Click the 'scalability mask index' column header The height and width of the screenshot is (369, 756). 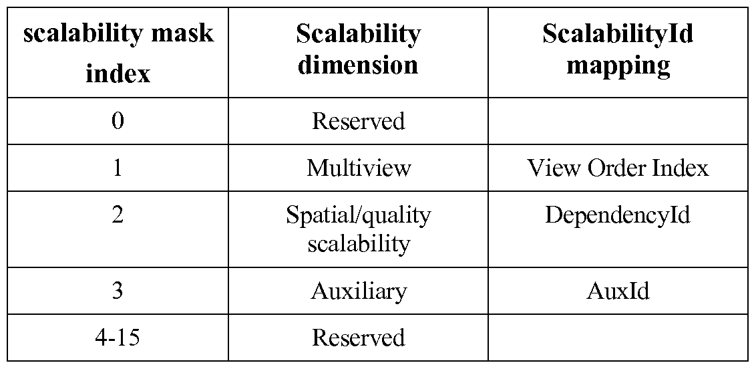pos(118,53)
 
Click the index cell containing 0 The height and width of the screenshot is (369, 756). pos(118,120)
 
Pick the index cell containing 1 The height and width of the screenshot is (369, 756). pos(118,168)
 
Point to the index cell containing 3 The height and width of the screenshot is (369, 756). pos(118,291)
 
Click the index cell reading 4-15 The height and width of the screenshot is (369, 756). pos(118,337)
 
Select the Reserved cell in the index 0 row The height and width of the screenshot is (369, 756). pos(358,120)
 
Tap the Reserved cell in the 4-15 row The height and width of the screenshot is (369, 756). pos(358,337)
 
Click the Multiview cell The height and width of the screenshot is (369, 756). pos(359,168)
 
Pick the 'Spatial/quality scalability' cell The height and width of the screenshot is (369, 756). pos(358,229)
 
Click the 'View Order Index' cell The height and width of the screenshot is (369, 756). pos(618,168)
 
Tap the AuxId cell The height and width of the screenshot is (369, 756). pos(618,291)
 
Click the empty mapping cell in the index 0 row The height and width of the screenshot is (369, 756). pos(618,120)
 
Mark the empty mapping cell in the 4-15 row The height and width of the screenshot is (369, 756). pos(618,337)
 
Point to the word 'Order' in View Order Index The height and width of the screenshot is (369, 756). pos(616,168)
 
